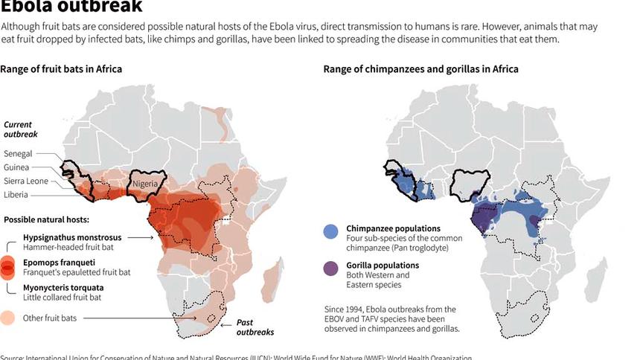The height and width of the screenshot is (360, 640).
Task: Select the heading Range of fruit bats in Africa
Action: [61, 69]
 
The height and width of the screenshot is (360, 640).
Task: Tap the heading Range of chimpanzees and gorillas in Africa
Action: [420, 69]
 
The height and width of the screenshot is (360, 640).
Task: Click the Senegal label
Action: [18, 153]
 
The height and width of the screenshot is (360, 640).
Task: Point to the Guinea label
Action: [16, 167]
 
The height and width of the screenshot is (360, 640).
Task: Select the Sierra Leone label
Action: [26, 181]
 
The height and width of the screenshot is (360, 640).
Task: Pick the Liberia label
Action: [16, 196]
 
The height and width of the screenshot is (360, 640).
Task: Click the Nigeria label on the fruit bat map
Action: [147, 184]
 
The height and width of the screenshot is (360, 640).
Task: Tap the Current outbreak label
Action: [21, 130]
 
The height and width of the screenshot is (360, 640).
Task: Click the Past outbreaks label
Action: [255, 327]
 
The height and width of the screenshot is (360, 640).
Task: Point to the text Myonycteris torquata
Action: [63, 287]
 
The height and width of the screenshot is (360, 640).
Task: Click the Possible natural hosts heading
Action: [46, 220]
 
